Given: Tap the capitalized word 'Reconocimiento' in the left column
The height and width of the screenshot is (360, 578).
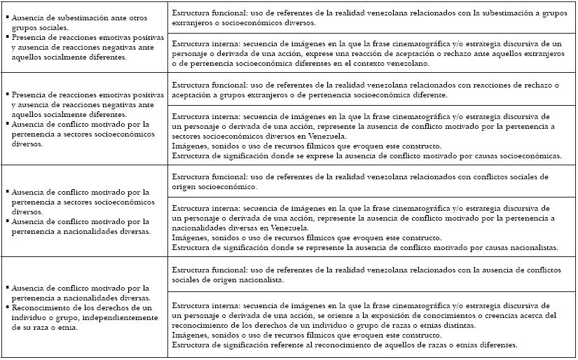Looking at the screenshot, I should [36, 307].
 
